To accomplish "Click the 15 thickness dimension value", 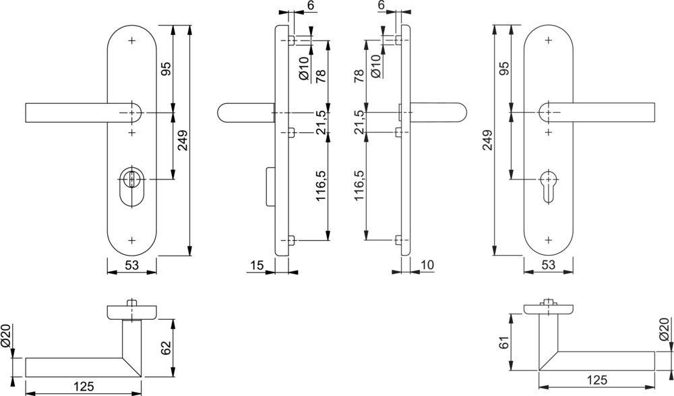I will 255,266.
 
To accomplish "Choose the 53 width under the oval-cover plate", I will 131,266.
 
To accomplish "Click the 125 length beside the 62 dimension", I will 84,387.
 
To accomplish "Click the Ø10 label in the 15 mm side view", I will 304,68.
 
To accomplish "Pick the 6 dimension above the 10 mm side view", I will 381,6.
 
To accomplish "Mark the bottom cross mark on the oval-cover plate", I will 131,239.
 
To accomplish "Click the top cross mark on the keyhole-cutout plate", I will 547,41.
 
